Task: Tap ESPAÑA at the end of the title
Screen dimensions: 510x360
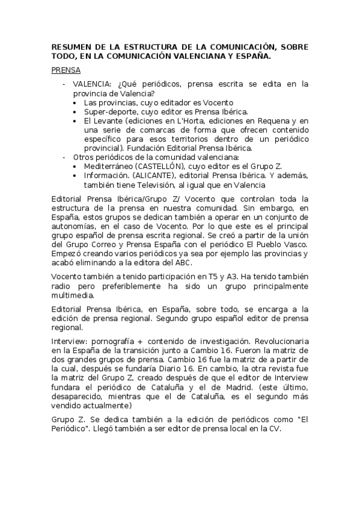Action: point(254,56)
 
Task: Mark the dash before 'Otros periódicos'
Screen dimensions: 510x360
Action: point(64,156)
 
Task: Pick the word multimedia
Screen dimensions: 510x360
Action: point(73,295)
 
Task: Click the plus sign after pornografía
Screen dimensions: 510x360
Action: point(139,342)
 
